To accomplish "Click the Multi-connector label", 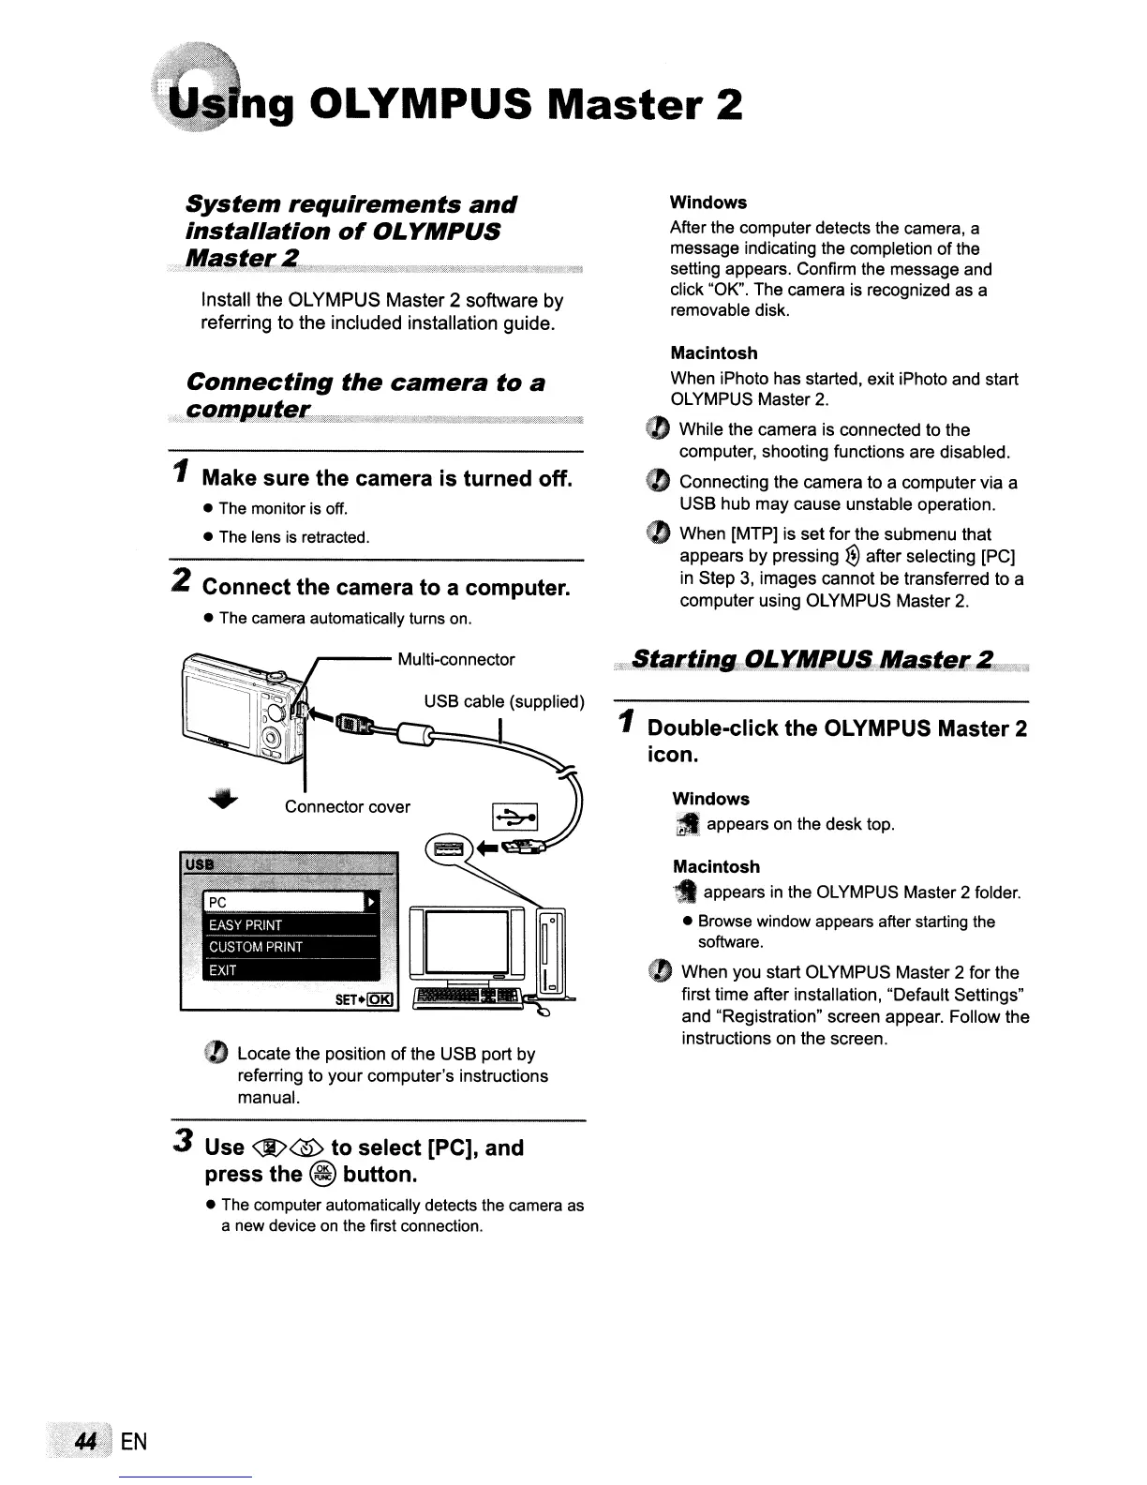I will (x=456, y=659).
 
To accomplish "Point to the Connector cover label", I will (x=348, y=806).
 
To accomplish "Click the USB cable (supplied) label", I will (x=504, y=701).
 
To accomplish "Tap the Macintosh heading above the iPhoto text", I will (x=714, y=353).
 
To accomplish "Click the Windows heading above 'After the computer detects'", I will (x=708, y=202).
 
